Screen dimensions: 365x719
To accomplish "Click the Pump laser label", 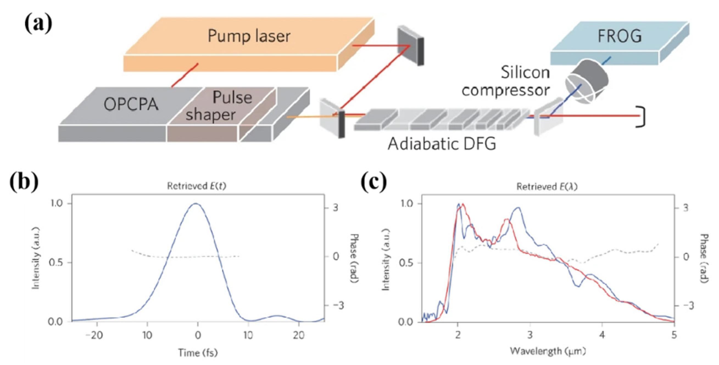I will click(249, 36).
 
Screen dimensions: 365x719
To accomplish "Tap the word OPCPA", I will click(131, 105).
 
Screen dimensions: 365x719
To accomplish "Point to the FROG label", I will click(619, 36).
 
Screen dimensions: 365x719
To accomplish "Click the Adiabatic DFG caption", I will click(442, 144).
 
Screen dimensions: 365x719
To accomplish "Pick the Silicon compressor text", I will click(506, 81).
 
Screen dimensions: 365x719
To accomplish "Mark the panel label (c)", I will click(374, 182).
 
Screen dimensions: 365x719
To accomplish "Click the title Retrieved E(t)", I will click(196, 186).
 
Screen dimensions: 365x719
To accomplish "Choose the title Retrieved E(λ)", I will click(547, 187).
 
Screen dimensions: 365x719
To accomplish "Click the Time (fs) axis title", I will click(198, 353).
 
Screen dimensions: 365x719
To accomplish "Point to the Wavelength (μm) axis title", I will click(548, 351).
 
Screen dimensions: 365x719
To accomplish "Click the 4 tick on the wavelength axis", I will click(602, 334).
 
